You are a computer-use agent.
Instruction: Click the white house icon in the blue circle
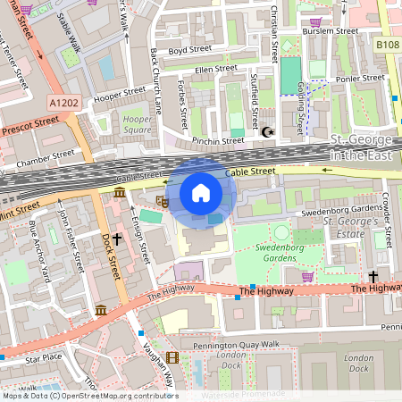[201, 193]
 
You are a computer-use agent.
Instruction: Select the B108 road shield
[387, 43]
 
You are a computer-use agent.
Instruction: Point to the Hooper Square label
[137, 123]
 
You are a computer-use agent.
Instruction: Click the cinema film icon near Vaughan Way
[172, 357]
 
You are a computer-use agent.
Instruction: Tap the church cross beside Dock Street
[116, 253]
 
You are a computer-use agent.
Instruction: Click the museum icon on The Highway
[101, 310]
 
